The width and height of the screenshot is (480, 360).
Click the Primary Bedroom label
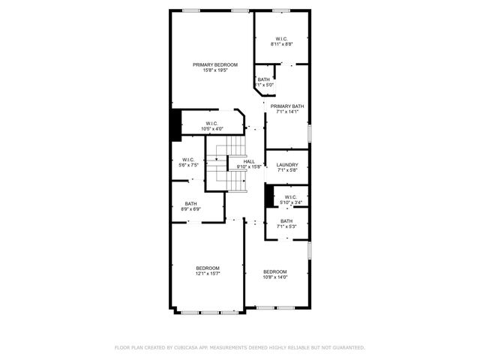pyautogui.click(x=210, y=65)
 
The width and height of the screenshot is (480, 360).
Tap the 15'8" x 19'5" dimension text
pyautogui.click(x=210, y=71)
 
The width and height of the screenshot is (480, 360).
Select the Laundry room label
pyautogui.click(x=287, y=165)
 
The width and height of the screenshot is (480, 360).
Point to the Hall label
pyautogui.click(x=249, y=161)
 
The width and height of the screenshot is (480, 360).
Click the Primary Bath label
pyautogui.click(x=287, y=106)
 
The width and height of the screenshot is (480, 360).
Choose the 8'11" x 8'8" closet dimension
pyautogui.click(x=281, y=44)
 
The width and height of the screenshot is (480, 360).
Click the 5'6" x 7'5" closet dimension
pyautogui.click(x=188, y=165)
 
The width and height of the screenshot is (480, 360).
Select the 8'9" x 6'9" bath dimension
pyautogui.click(x=191, y=209)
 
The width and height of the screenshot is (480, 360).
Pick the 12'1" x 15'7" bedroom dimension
pyautogui.click(x=208, y=274)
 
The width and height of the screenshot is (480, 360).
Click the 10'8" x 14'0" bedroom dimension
pyautogui.click(x=275, y=277)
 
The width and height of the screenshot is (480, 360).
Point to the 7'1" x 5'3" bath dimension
pyautogui.click(x=287, y=226)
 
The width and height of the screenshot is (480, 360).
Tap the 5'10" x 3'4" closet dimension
pyautogui.click(x=291, y=202)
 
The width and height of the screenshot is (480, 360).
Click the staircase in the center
pyautogui.click(x=226, y=165)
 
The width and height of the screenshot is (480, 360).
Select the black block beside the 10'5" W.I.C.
pyautogui.click(x=175, y=125)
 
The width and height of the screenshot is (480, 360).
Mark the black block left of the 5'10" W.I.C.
pyautogui.click(x=268, y=195)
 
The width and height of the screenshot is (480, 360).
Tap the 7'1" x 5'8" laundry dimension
pyautogui.click(x=287, y=171)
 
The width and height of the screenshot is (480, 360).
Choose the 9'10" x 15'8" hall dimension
pyautogui.click(x=249, y=166)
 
